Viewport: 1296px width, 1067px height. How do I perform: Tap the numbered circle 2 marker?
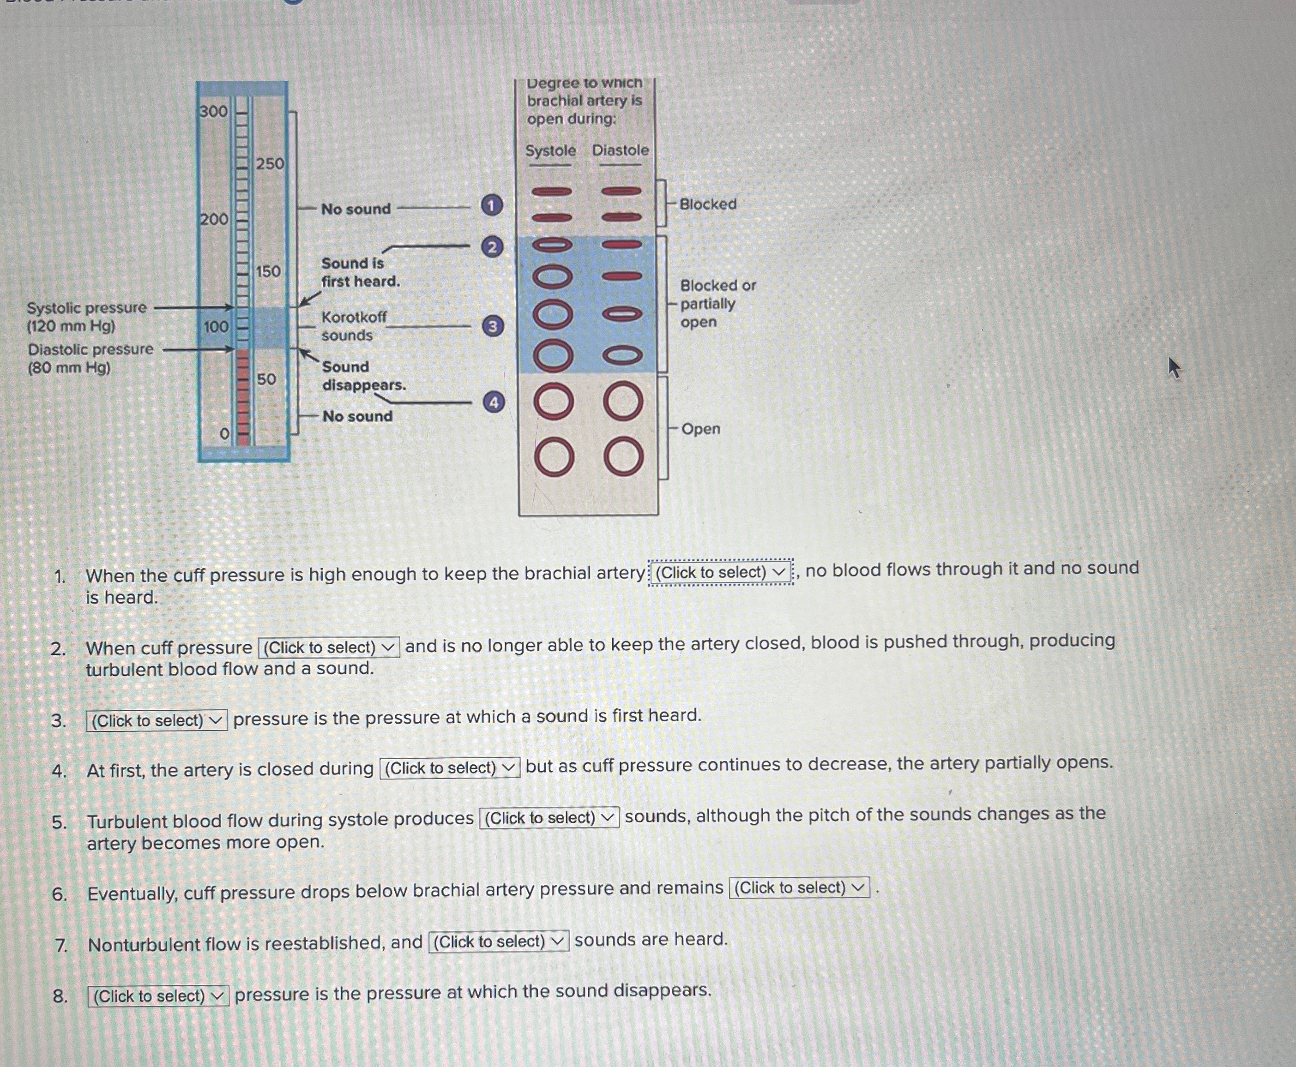[492, 247]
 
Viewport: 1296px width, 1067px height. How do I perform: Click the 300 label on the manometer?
[213, 111]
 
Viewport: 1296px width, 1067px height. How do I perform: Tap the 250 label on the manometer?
[270, 163]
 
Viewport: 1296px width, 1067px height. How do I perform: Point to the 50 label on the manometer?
[266, 379]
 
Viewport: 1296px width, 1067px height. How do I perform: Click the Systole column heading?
[550, 150]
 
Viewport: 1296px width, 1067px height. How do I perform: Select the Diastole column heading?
[621, 150]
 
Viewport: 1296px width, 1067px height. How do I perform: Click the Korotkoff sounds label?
[354, 326]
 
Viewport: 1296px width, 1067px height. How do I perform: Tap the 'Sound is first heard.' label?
[360, 272]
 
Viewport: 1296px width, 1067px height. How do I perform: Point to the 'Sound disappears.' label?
[363, 376]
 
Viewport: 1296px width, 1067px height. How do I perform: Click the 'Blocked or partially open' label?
[717, 304]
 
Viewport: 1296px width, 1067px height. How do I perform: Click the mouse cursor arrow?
[1174, 367]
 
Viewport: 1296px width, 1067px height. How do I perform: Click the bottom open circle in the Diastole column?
[623, 458]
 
